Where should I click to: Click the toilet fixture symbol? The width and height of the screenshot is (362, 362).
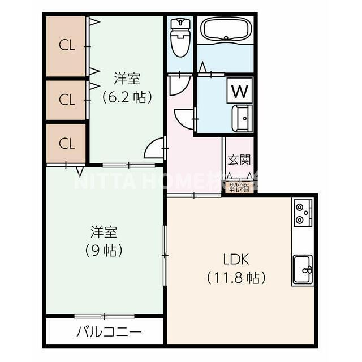click(180, 37)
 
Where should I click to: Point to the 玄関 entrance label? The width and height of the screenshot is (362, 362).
click(239, 160)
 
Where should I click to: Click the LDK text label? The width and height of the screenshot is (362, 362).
click(236, 260)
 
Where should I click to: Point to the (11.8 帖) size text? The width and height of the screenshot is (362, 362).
click(236, 278)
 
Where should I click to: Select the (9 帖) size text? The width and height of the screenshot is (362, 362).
click(104, 249)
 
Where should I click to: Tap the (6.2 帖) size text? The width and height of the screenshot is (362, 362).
click(127, 97)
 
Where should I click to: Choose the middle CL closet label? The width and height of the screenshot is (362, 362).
click(67, 100)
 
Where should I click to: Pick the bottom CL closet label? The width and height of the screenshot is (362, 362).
click(67, 143)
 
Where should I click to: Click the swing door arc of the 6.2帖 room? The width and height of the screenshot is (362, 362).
click(153, 149)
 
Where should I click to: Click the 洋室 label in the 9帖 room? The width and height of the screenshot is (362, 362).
click(104, 231)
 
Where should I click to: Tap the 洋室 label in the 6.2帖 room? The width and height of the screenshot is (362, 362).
click(127, 79)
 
